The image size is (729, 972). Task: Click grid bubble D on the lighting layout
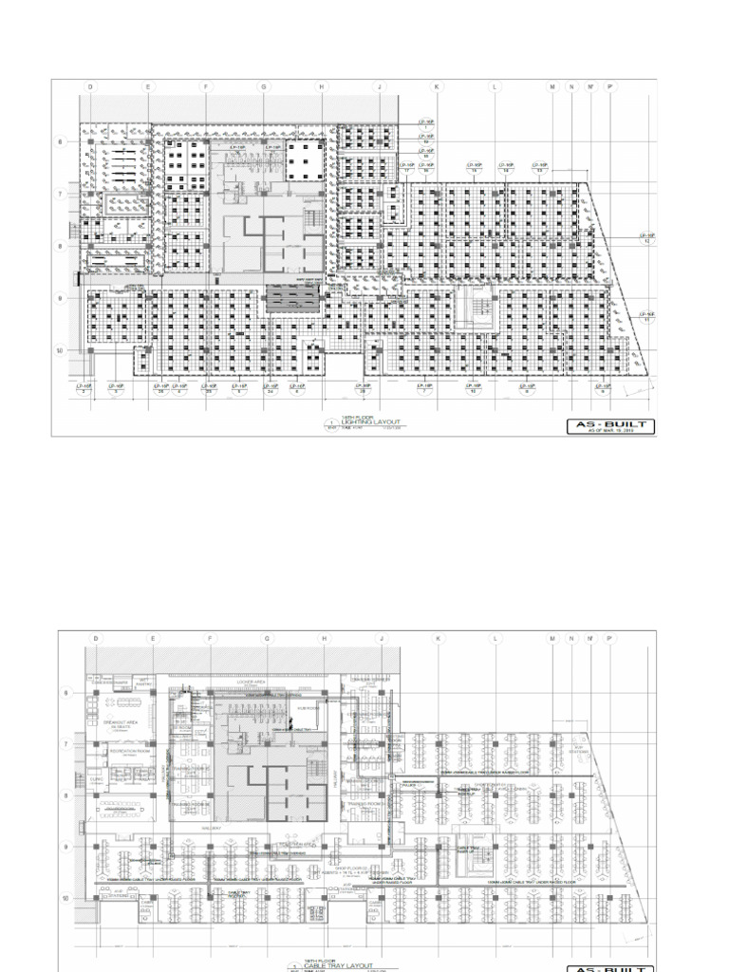[x=91, y=86]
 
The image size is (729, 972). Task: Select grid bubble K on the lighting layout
[x=438, y=86]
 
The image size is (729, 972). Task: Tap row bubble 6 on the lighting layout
[x=62, y=142]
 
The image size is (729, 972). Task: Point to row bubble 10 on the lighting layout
[x=62, y=350]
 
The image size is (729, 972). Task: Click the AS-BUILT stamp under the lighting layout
[x=612, y=426]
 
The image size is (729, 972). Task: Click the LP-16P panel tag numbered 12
[x=648, y=237]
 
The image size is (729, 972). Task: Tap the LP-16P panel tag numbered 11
[x=648, y=317]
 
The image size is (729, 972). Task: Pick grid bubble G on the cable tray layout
[x=267, y=639]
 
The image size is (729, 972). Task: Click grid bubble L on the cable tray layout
[x=495, y=639]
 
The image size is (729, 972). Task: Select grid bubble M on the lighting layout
[x=552, y=86]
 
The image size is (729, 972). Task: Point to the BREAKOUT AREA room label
[x=115, y=722]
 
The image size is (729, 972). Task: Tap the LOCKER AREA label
[x=266, y=682]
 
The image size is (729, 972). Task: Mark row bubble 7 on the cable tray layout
[x=66, y=744]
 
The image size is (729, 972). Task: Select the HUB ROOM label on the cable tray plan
[x=306, y=708]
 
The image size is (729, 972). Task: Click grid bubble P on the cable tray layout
[x=609, y=639]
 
